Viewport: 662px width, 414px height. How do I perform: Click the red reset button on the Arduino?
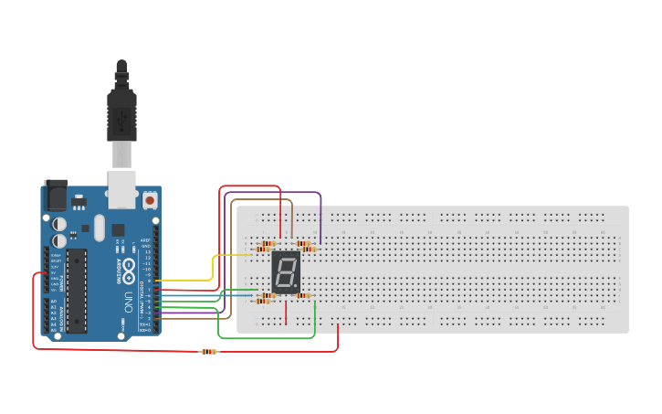(149, 198)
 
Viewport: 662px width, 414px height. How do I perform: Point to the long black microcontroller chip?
(77, 290)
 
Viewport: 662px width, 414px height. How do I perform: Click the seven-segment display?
(286, 271)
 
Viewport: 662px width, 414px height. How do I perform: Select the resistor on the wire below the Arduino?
(209, 352)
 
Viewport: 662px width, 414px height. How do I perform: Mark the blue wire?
(210, 295)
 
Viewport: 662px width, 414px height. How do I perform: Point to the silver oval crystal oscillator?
(99, 227)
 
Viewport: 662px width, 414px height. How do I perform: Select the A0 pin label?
(53, 302)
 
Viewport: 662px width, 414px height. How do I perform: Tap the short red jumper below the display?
(286, 313)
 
